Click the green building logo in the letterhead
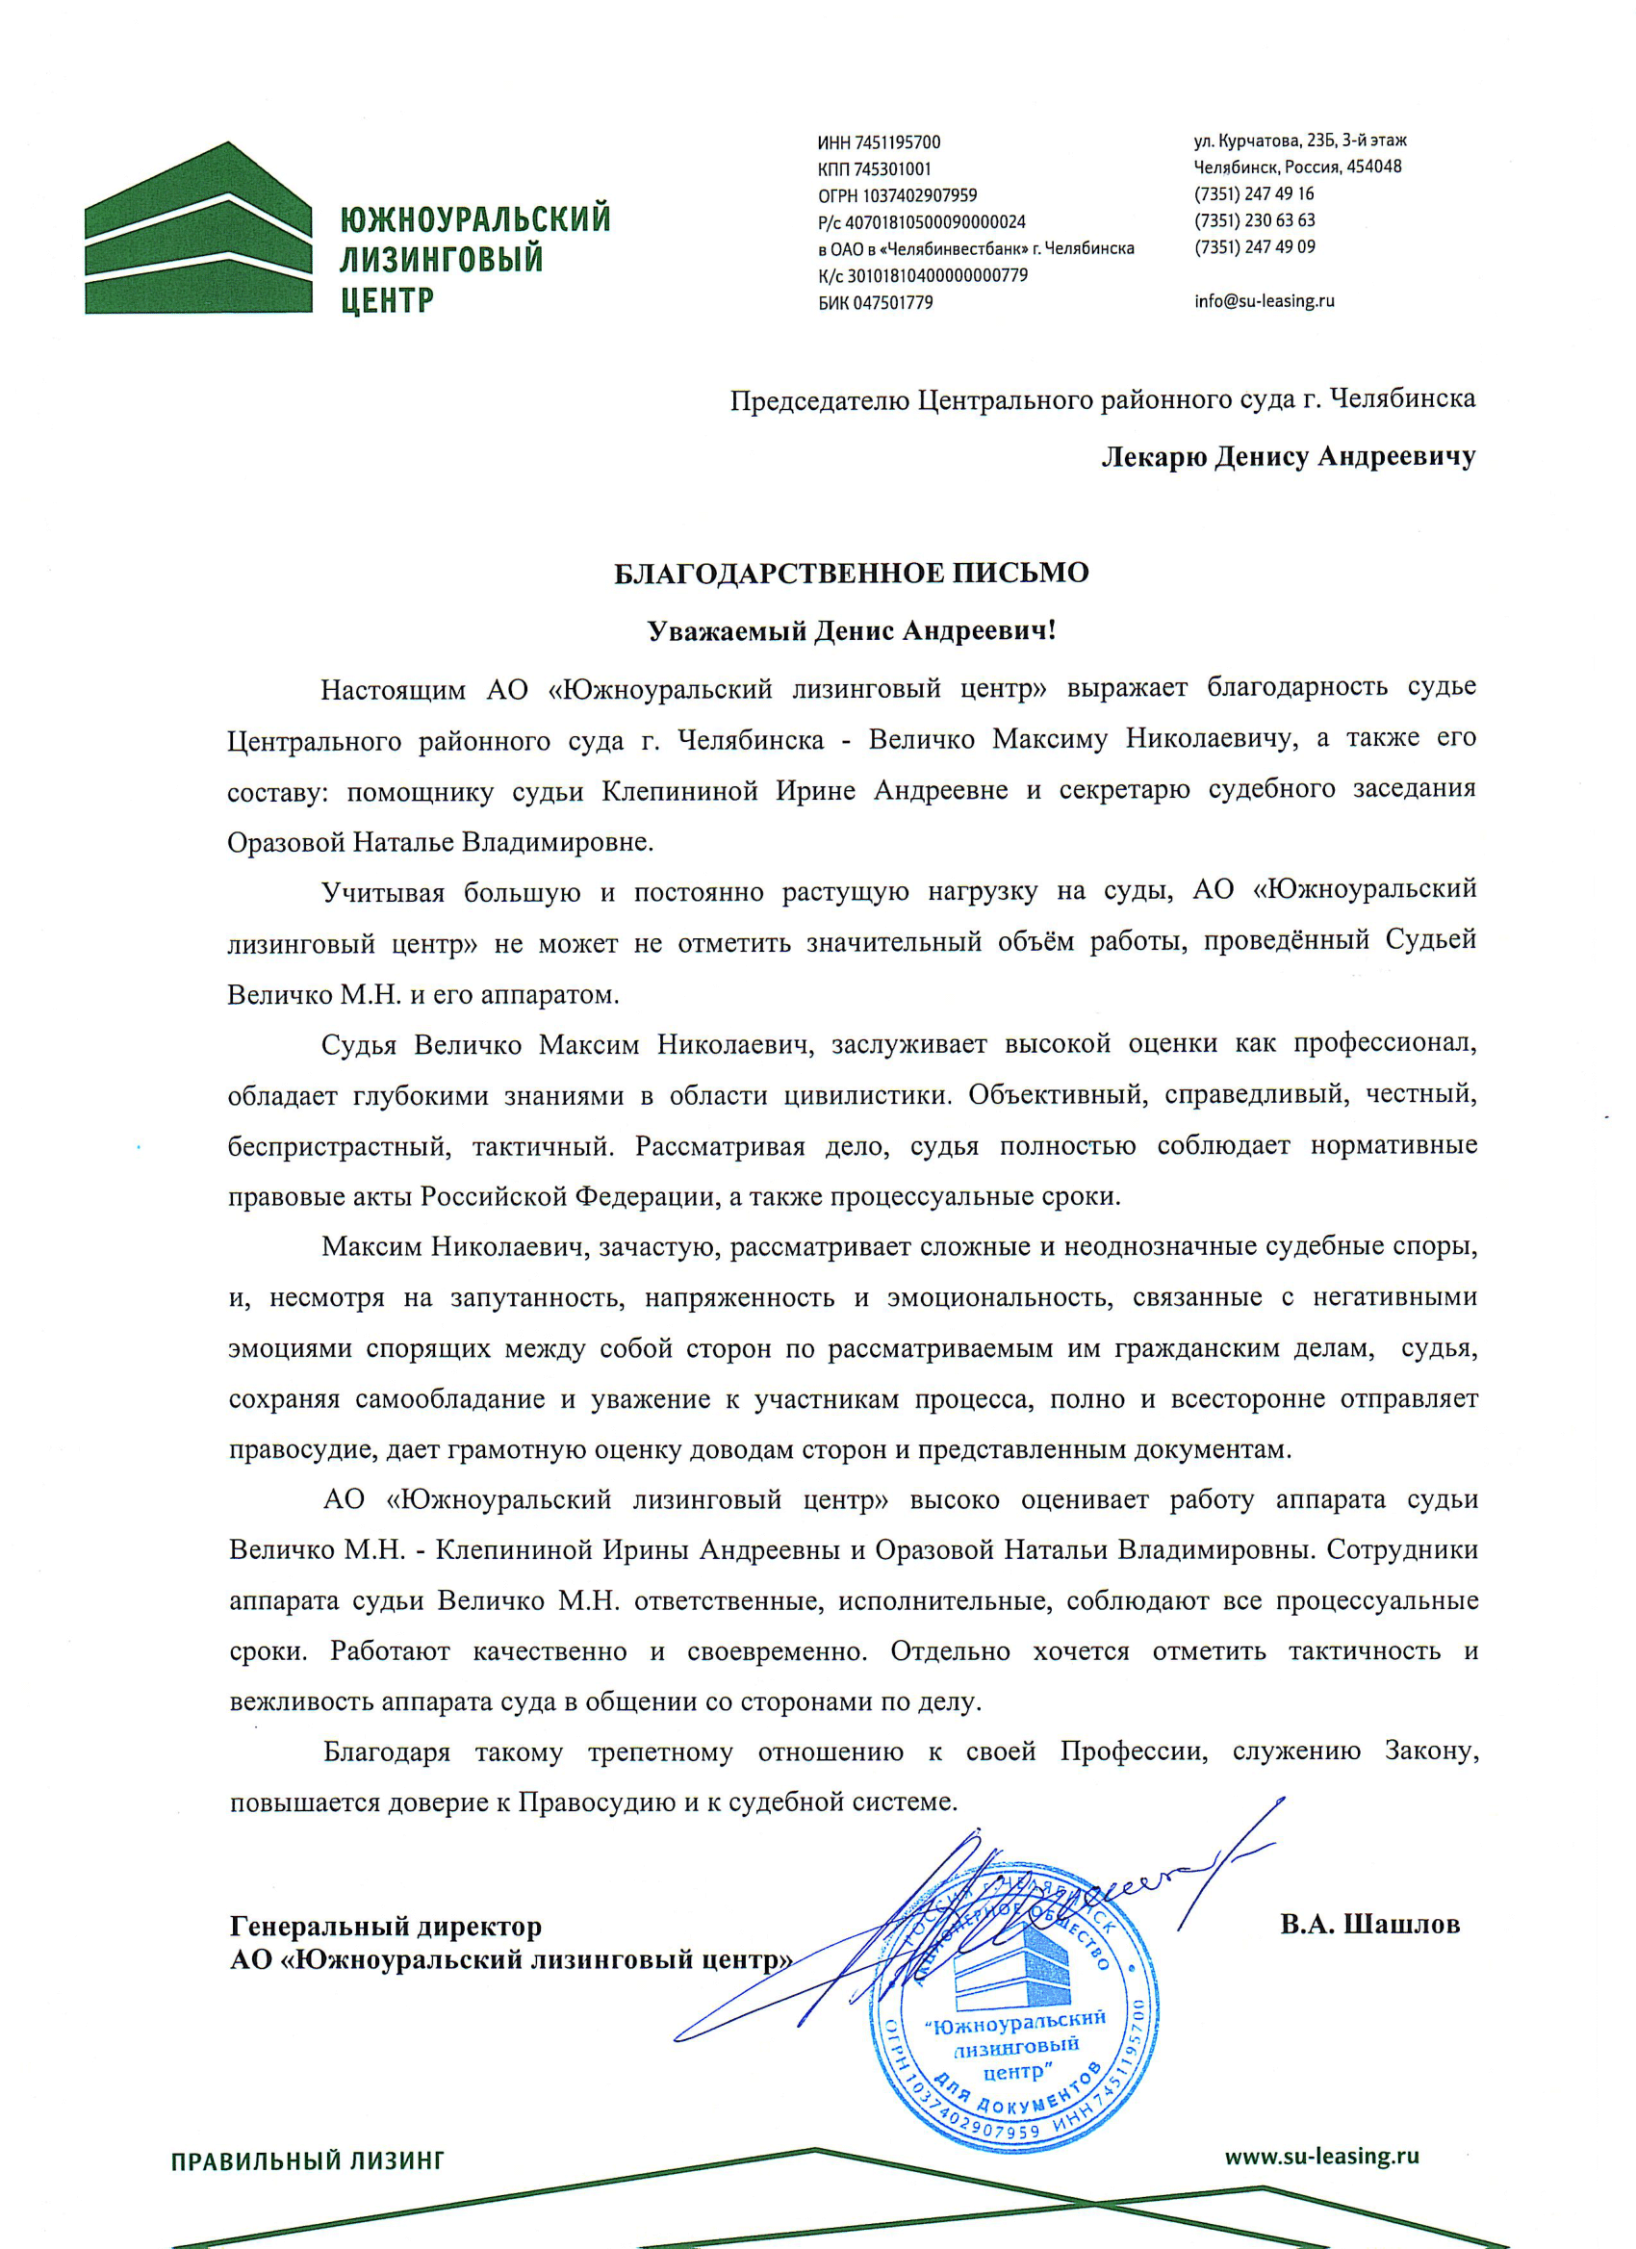coord(198,230)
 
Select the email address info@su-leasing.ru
coord(1265,301)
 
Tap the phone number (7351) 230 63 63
coord(1254,220)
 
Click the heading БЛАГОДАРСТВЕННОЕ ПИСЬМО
coord(851,574)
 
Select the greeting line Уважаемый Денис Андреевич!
coord(851,631)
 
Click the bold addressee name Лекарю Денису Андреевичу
coord(1288,457)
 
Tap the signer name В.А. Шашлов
coord(1369,1925)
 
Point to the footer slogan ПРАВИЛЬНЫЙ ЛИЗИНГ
coord(307,2160)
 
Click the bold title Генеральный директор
coord(386,1927)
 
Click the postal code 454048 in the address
coord(1373,166)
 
